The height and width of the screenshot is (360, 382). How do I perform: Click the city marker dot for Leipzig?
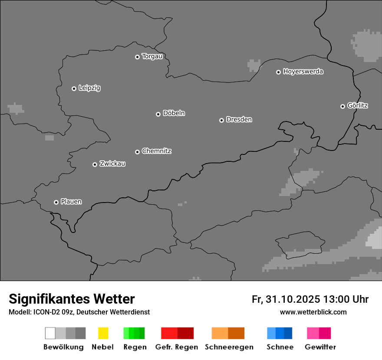click(74, 88)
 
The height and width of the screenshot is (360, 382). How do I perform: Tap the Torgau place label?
click(152, 56)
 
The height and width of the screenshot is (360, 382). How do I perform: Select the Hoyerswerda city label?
click(303, 72)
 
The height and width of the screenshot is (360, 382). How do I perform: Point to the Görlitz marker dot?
click(342, 106)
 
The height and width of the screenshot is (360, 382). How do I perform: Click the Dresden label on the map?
click(239, 119)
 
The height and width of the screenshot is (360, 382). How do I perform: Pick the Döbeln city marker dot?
click(158, 114)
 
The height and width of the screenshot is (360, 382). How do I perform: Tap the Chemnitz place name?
click(156, 151)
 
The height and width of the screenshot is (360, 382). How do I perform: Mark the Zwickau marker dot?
click(95, 164)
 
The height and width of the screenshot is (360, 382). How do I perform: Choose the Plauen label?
click(71, 202)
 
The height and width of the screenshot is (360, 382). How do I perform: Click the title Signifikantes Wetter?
click(72, 299)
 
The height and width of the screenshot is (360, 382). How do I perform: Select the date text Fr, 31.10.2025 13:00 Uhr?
click(310, 299)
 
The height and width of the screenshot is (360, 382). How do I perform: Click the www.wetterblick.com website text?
click(313, 312)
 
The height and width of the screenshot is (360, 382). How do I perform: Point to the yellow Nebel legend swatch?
click(103, 333)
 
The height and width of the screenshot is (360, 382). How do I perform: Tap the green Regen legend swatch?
click(134, 333)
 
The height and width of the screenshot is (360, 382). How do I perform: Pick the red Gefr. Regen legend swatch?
click(177, 333)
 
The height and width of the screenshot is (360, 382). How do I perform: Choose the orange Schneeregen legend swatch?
click(228, 333)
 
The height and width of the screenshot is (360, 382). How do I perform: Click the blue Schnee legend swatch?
click(280, 333)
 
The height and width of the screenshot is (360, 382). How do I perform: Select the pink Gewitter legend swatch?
click(319, 333)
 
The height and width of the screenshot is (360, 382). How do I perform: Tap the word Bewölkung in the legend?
click(63, 347)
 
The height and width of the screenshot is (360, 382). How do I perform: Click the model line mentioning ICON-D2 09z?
click(79, 312)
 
